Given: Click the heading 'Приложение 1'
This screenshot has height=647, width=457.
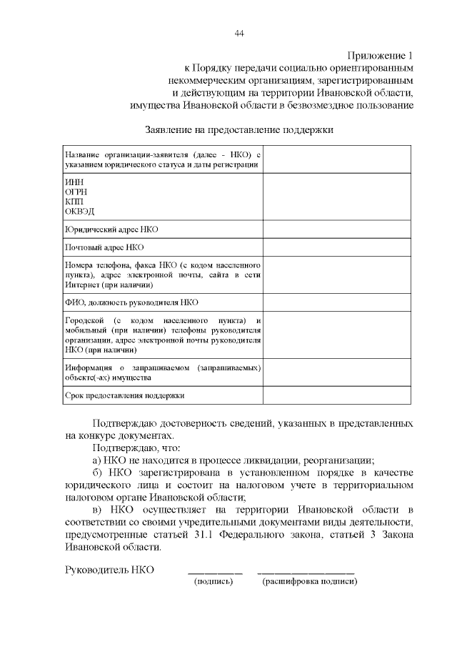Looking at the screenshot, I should pos(380,55).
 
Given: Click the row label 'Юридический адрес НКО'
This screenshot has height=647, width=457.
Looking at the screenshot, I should pos(111,230).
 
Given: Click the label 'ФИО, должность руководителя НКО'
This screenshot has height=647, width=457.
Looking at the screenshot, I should pos(131,302).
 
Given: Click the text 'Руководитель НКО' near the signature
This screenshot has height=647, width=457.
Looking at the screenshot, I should pos(109,570).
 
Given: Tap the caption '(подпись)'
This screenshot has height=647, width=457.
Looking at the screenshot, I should pos(214,582).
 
